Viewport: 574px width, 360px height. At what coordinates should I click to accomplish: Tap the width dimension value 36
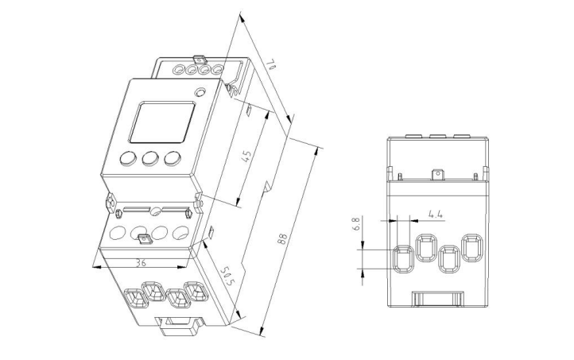(141, 261)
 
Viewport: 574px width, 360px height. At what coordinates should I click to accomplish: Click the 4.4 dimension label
(435, 214)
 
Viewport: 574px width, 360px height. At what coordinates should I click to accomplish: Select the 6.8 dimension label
(357, 225)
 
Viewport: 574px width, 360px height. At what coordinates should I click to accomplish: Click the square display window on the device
(161, 122)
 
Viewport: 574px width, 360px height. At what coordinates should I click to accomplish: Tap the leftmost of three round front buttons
(127, 158)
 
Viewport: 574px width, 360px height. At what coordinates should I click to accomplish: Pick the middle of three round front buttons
(149, 158)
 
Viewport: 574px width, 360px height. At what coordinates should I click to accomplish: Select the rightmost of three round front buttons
(172, 158)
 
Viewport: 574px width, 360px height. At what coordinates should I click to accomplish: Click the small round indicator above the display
(200, 94)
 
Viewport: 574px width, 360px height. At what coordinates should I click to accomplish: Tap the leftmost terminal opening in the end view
(404, 259)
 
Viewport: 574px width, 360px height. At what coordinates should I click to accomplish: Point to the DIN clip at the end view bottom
(437, 299)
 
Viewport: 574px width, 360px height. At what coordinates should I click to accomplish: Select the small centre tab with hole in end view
(436, 175)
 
